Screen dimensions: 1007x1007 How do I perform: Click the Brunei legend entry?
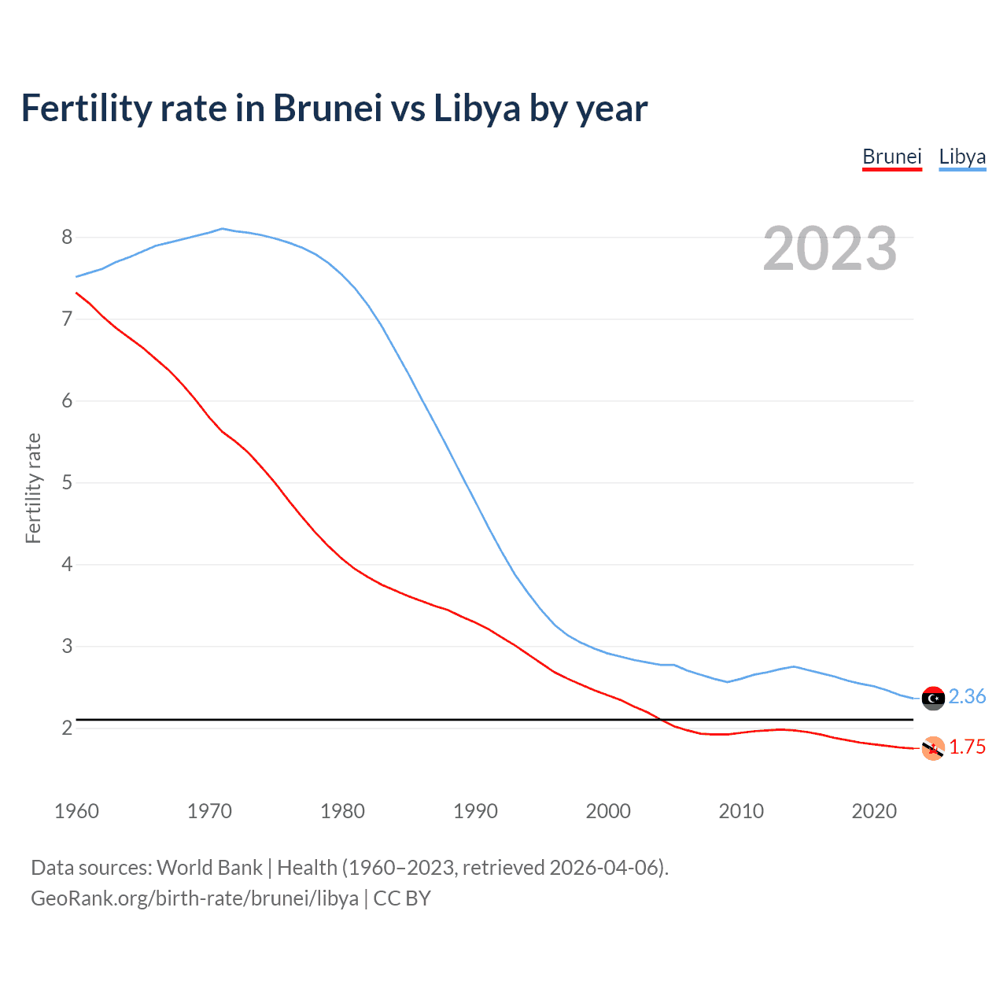(x=891, y=157)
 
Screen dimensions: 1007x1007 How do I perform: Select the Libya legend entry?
(x=962, y=157)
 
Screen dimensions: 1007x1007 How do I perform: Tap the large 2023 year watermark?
(x=830, y=249)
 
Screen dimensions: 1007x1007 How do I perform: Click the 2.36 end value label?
(x=967, y=697)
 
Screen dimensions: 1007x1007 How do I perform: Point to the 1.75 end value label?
(x=967, y=747)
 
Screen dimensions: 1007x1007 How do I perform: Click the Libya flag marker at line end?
(x=933, y=698)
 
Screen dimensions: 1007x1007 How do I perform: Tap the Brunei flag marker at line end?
(x=933, y=748)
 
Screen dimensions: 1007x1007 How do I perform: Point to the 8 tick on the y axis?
(x=67, y=237)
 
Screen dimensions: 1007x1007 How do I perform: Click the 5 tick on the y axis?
(x=67, y=482)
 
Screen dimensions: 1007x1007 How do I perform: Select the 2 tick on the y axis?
(x=67, y=728)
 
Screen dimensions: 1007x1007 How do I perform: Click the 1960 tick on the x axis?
(x=76, y=811)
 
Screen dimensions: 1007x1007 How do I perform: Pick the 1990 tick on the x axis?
(x=475, y=811)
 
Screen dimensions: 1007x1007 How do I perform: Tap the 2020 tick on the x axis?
(x=874, y=811)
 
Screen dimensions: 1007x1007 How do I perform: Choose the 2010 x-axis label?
(x=741, y=811)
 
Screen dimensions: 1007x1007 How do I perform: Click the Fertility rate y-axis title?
(x=33, y=488)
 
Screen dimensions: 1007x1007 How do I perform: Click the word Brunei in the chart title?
(x=327, y=109)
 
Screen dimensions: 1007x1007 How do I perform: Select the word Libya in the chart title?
(x=477, y=109)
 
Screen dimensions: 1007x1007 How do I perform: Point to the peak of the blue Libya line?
(x=223, y=229)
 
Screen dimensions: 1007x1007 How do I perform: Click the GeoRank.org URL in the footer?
(x=194, y=898)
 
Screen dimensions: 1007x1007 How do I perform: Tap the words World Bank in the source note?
(x=209, y=868)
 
